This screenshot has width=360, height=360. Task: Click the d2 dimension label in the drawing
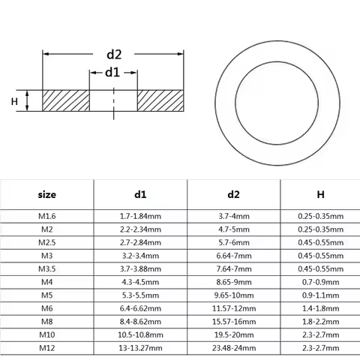(x=114, y=54)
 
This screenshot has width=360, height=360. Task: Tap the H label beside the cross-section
(x=13, y=100)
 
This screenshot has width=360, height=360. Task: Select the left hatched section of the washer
(x=66, y=100)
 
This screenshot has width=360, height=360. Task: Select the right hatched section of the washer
(x=160, y=100)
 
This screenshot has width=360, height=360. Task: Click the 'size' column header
(x=46, y=194)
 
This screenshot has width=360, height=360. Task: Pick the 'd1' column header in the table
(x=140, y=194)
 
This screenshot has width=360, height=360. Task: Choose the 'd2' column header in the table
(x=233, y=194)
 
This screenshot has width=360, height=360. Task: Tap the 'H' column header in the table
(x=320, y=194)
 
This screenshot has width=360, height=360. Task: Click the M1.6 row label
(x=46, y=216)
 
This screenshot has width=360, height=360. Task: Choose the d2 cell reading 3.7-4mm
(x=233, y=216)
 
